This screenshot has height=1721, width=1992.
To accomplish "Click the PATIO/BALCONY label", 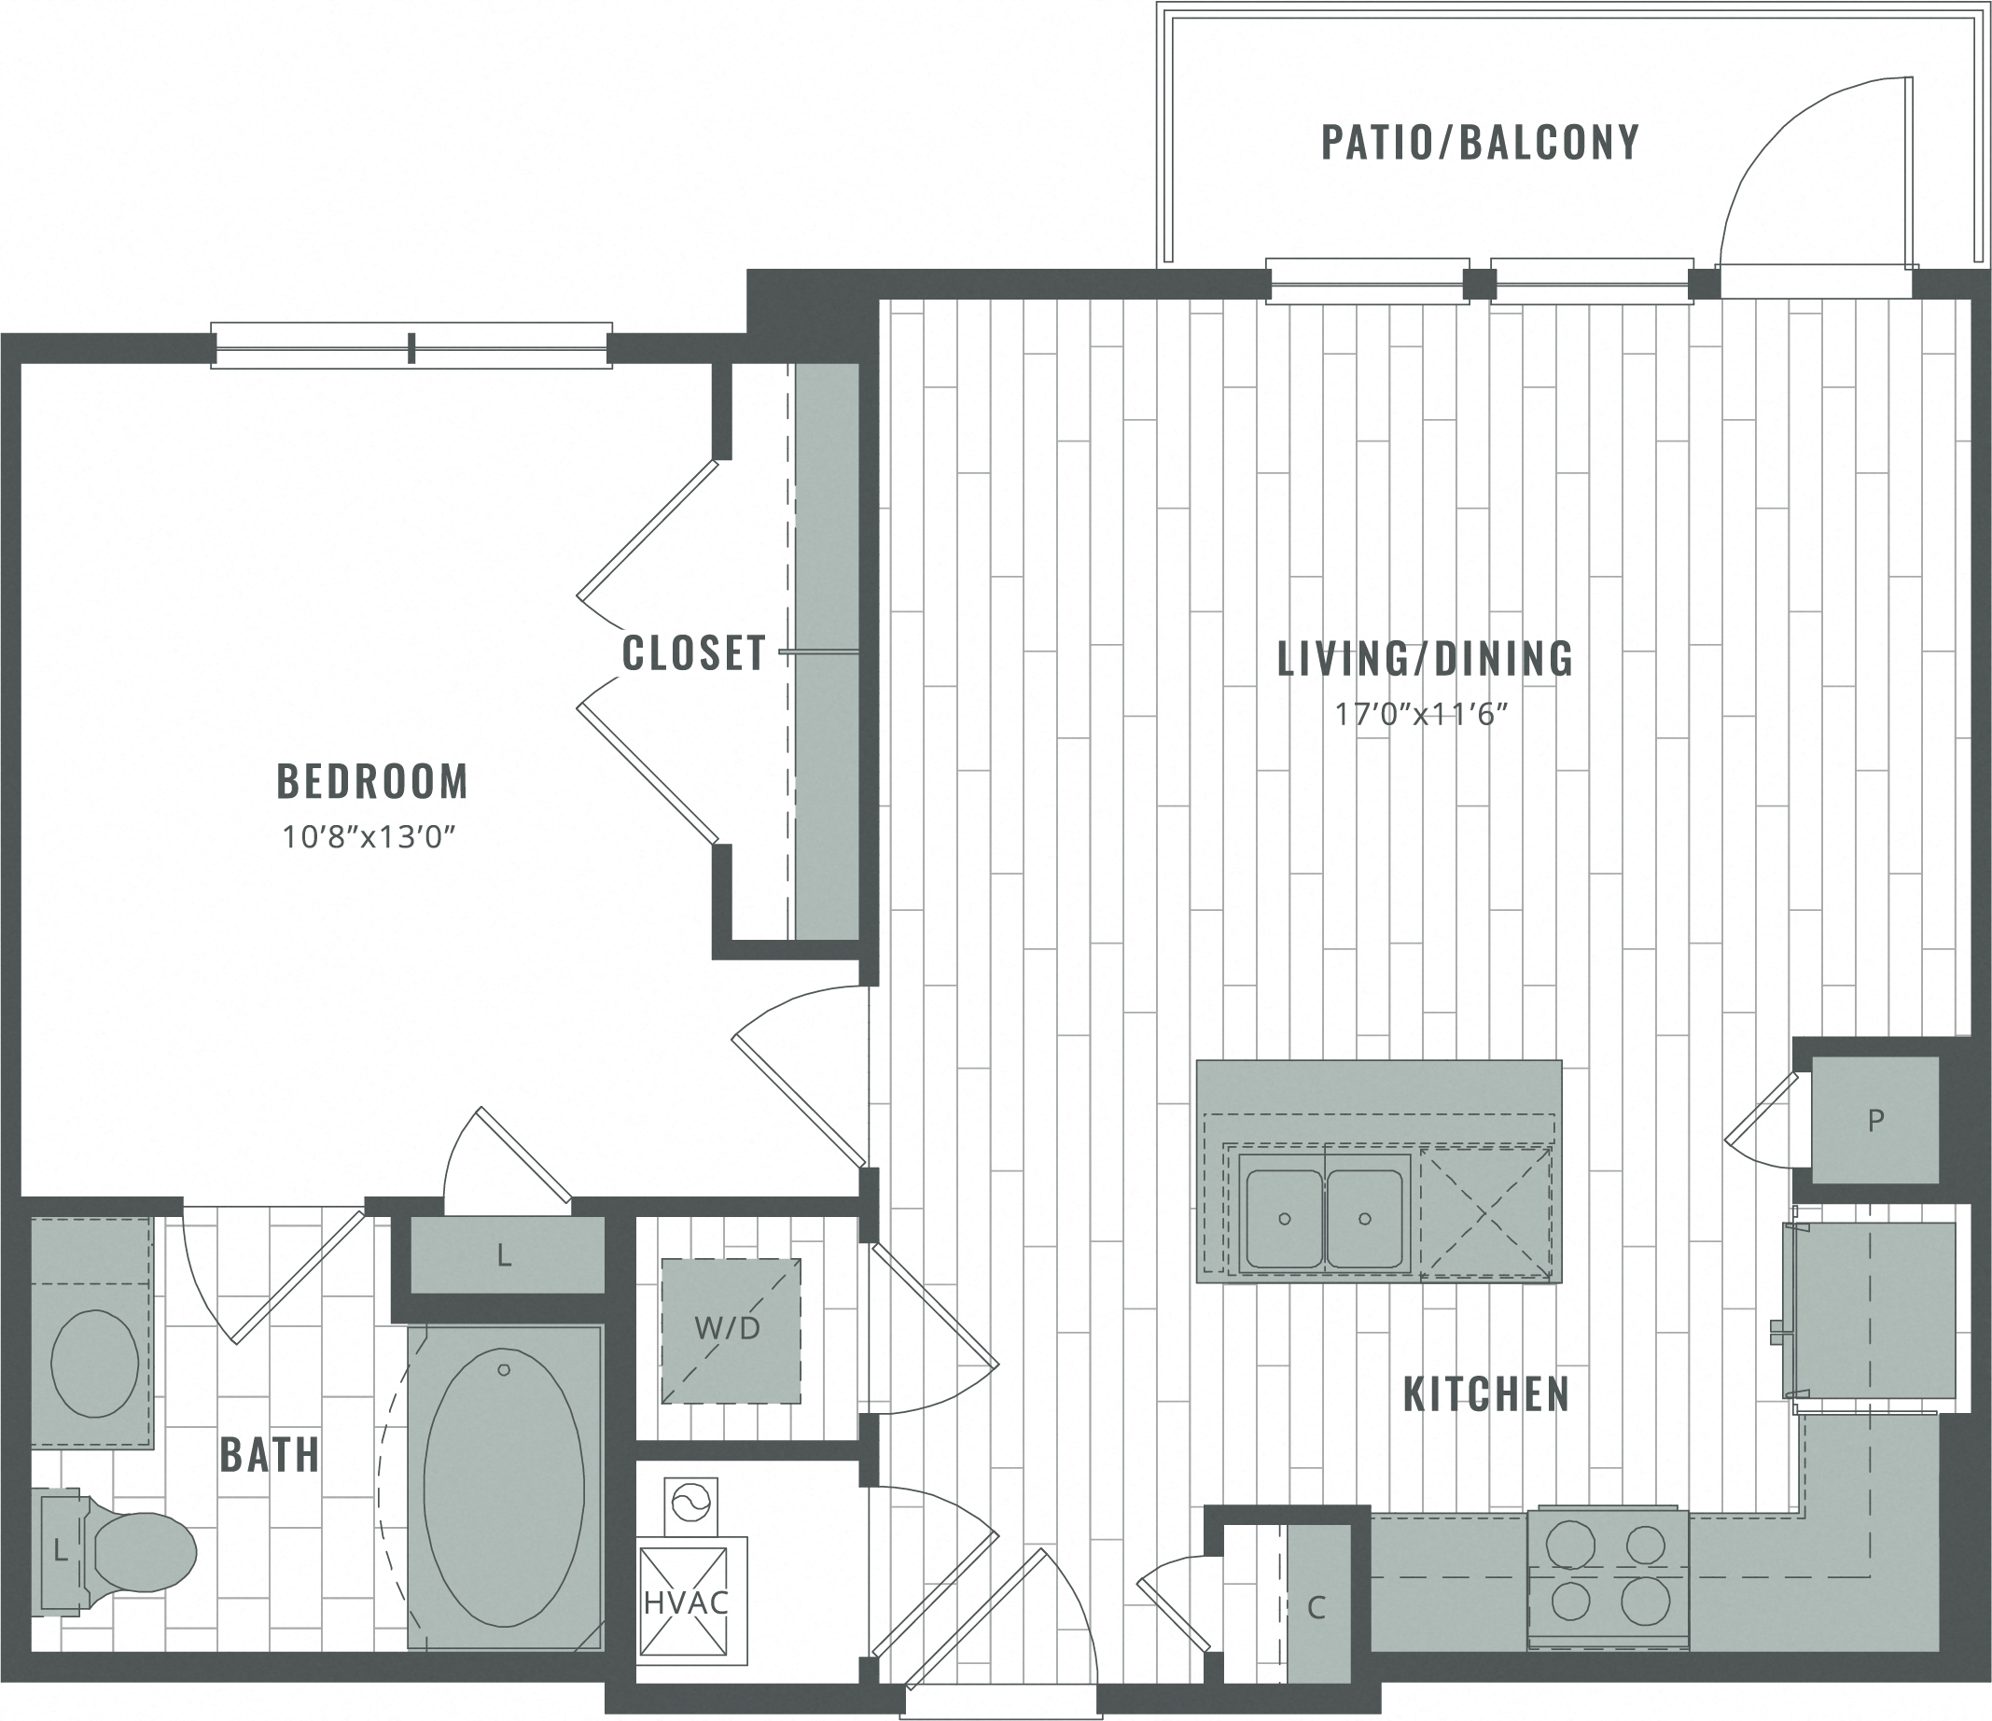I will [1480, 143].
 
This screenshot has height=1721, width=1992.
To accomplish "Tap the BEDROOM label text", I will [372, 782].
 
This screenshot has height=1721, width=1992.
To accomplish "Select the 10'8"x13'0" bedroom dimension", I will [368, 837].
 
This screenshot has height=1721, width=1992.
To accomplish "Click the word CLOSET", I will [693, 654].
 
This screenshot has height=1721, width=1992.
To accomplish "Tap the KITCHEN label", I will [1485, 1395].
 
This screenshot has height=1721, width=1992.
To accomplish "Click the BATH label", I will [271, 1456].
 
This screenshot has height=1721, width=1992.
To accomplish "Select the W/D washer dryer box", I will [730, 1331].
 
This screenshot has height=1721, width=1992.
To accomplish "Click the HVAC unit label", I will [686, 1602].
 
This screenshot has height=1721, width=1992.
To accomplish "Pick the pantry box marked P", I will [1874, 1119].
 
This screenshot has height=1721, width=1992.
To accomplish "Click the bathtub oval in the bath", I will [503, 1488].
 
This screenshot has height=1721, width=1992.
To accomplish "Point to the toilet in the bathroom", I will [134, 1551].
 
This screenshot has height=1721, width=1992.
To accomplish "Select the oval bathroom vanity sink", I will [93, 1364].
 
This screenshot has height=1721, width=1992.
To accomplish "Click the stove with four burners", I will [1608, 1576].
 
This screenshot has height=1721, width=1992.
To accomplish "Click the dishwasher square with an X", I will [1485, 1213].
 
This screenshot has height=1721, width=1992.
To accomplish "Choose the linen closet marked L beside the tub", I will [506, 1255].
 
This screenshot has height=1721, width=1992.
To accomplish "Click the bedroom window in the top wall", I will [411, 347].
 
